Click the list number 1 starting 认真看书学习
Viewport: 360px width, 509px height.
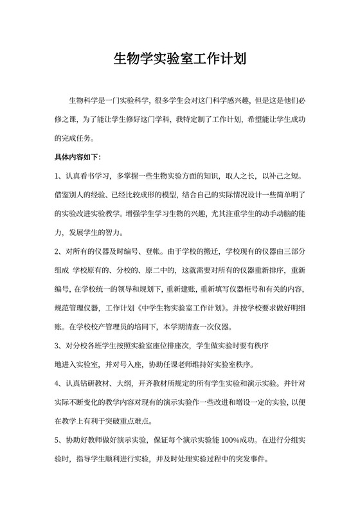coord(57,175)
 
